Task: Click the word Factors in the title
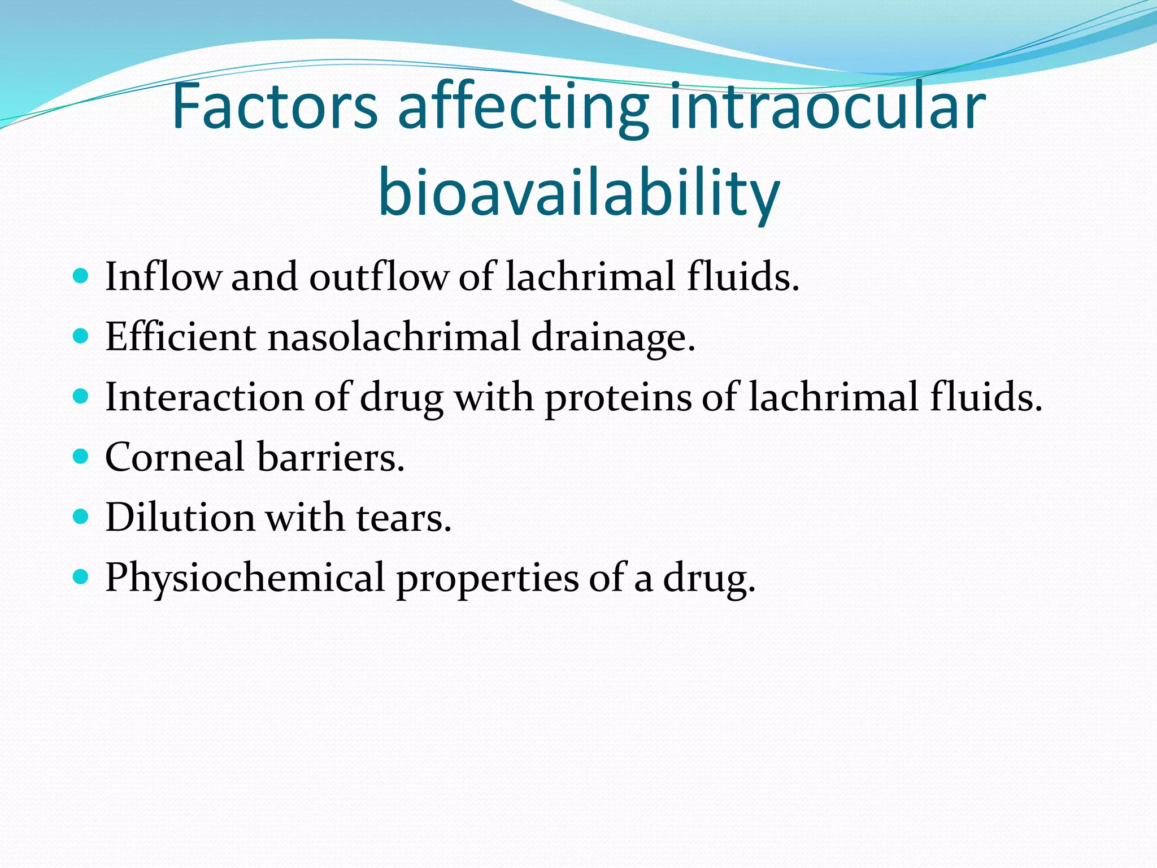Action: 275,106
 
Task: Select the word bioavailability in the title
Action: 579,192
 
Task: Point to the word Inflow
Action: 163,276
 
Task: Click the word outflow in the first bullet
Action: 378,276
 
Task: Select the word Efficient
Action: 180,337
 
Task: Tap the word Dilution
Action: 180,517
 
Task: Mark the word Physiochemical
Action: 245,578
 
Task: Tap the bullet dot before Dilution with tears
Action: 81,516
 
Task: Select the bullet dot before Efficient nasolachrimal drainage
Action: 81,336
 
